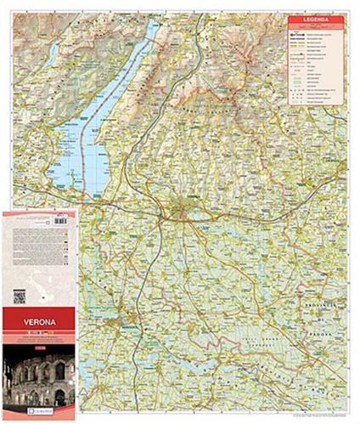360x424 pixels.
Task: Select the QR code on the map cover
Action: click(x=20, y=296)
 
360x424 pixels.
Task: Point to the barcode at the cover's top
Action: click(x=59, y=220)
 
